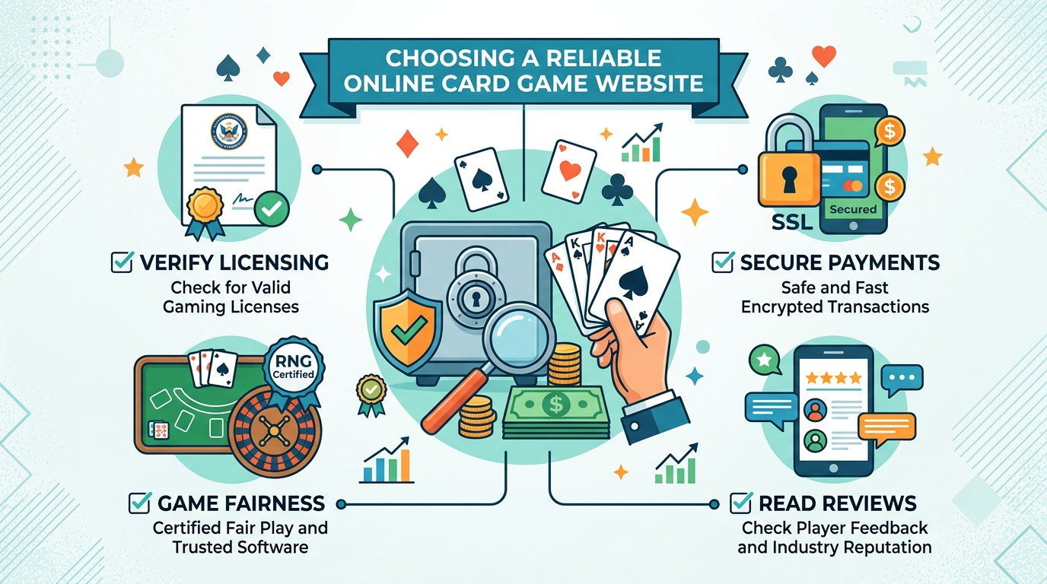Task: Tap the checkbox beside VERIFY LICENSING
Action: [x=122, y=262]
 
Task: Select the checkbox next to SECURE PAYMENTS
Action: [x=722, y=262]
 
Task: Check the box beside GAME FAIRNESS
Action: [x=139, y=503]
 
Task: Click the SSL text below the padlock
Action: [x=791, y=222]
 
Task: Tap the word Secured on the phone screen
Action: [x=852, y=209]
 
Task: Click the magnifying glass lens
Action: [x=518, y=336]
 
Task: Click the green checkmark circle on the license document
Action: [x=272, y=208]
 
